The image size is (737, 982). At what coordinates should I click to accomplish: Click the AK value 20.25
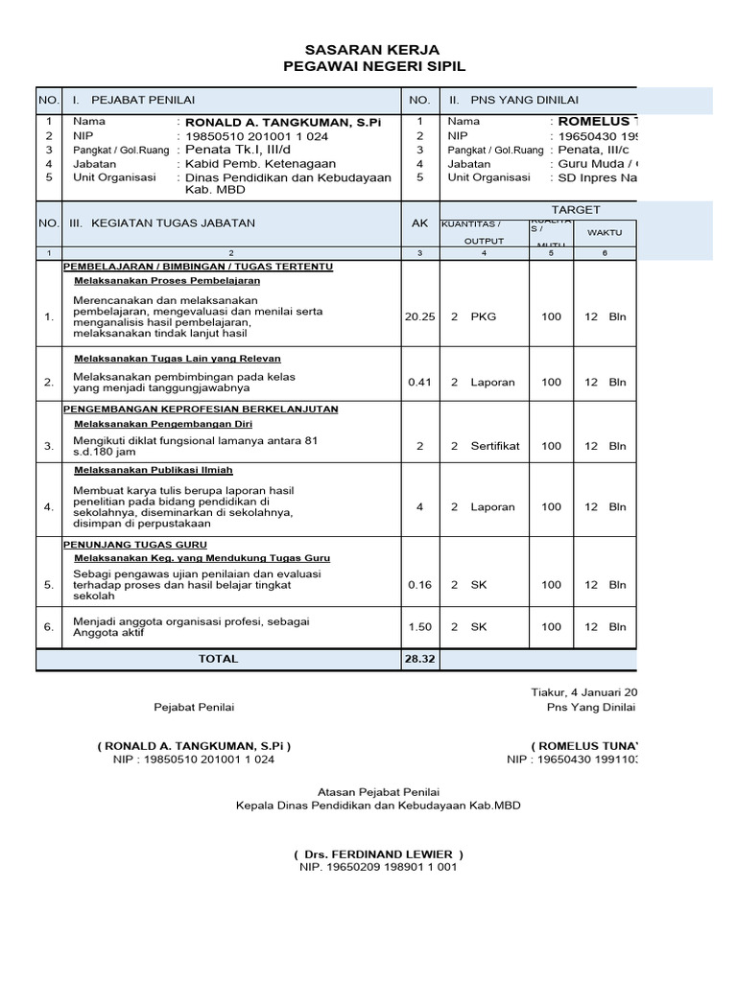coord(419,316)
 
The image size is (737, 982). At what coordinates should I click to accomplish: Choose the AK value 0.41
coord(419,382)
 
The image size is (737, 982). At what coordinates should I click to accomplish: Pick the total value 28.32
coord(419,660)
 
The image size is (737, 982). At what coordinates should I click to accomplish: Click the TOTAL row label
coord(218,660)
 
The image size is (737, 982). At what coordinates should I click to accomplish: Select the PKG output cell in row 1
coord(484,316)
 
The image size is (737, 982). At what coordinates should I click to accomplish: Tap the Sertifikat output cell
coord(494,446)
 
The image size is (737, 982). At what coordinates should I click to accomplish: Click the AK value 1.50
coord(419,627)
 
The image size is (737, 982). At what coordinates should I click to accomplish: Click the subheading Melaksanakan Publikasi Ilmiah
coord(154,471)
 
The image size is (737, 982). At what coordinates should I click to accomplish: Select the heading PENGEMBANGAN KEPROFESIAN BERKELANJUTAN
coord(200,409)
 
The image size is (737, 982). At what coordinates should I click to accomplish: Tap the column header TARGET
coord(576,209)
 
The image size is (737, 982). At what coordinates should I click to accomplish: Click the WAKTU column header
coord(605,233)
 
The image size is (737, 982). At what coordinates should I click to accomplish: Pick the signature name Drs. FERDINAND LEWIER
coord(379,853)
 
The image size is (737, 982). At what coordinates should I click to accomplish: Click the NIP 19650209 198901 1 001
coord(379,868)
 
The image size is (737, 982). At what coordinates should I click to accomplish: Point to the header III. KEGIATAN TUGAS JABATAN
coord(161,223)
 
